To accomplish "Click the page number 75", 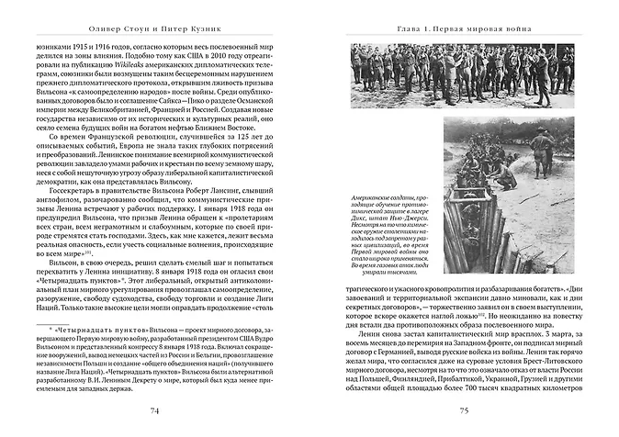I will point(465,409).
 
